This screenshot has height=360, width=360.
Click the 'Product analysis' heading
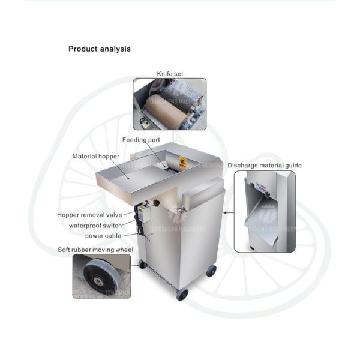click(x=100, y=49)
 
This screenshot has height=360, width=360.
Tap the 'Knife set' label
click(x=170, y=74)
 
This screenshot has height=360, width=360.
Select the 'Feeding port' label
click(x=141, y=140)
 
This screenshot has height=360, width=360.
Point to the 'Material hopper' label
click(x=96, y=157)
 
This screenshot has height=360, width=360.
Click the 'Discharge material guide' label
click(x=265, y=166)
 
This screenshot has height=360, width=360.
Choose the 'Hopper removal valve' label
click(x=89, y=215)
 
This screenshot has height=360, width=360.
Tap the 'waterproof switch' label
click(x=95, y=226)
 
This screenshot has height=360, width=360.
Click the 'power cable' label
click(x=103, y=236)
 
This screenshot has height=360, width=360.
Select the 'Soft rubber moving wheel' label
click(x=95, y=250)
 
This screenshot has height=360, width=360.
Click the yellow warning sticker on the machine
click(x=182, y=161)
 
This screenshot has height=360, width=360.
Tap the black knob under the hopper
click(x=157, y=203)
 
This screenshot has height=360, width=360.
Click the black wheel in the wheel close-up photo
click(x=101, y=277)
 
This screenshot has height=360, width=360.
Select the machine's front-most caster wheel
click(x=182, y=295)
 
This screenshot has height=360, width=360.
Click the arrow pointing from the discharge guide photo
click(x=229, y=212)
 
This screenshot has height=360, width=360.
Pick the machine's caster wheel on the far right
click(x=211, y=271)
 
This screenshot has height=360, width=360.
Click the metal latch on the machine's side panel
click(x=182, y=209)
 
